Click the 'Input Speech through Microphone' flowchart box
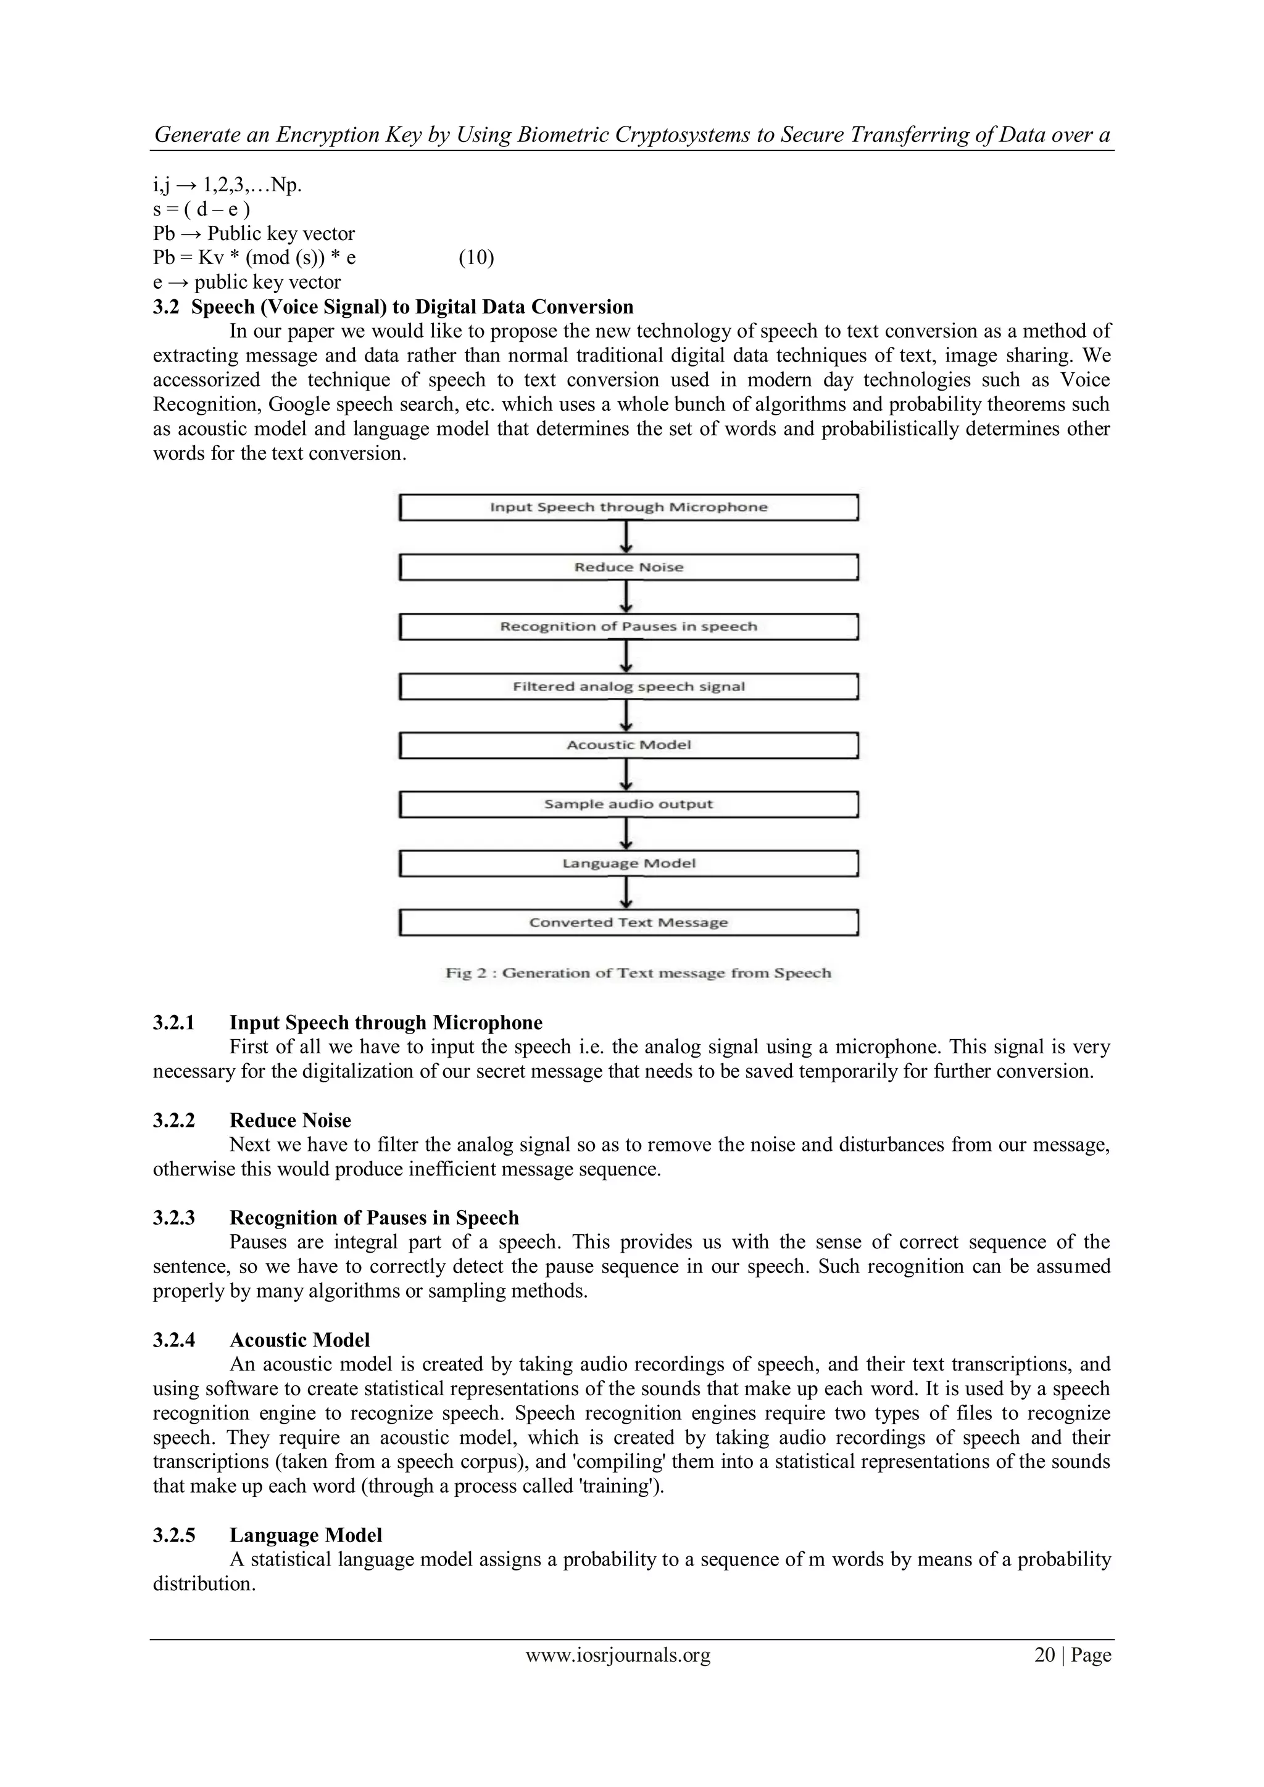click(x=628, y=507)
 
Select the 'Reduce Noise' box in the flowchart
click(x=628, y=568)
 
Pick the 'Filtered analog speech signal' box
click(x=628, y=686)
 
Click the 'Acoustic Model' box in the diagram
click(x=628, y=745)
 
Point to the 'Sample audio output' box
click(x=628, y=805)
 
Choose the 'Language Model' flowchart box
click(x=628, y=864)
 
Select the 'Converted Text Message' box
click(x=628, y=923)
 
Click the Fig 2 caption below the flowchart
click(x=638, y=973)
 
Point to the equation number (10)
click(x=476, y=257)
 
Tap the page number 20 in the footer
click(x=1044, y=1655)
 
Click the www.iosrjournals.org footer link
click(x=618, y=1655)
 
